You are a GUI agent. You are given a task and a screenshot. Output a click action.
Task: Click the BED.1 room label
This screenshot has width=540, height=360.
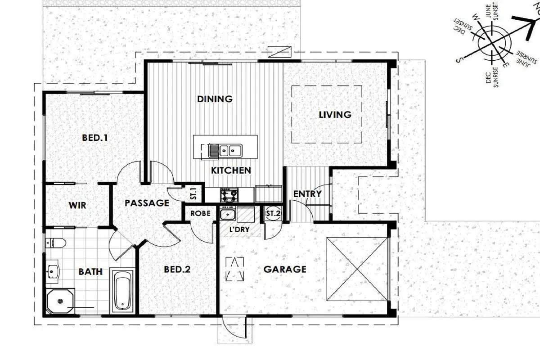pos(95,138)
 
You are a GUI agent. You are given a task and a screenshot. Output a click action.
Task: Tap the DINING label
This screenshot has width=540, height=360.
pos(215,99)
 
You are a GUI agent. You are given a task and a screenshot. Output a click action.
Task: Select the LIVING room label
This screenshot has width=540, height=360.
pos(335,115)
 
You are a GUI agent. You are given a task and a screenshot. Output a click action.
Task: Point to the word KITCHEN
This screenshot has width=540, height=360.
pos(231,171)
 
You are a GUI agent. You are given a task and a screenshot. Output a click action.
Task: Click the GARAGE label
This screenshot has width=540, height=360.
pos(285,269)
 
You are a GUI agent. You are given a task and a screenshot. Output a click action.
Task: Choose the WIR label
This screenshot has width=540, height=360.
pos(77,206)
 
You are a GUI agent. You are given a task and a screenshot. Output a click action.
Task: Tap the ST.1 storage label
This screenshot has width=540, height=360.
pos(193,193)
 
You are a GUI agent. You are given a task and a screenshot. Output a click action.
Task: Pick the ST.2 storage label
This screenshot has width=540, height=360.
pos(274,213)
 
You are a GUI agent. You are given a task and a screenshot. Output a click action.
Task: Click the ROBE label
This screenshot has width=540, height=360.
pos(200,213)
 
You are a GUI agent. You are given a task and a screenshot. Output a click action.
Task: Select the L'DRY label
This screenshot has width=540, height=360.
pos(239,229)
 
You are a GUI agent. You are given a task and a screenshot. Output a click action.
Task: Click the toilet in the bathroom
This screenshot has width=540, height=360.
pos(56,243)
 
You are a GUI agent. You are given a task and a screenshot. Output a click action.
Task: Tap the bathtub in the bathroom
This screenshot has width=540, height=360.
pos(122,291)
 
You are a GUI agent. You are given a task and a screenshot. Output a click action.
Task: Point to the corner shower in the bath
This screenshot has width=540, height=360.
pos(60,301)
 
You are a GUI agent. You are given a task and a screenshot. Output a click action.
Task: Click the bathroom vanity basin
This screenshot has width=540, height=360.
pos(52,272)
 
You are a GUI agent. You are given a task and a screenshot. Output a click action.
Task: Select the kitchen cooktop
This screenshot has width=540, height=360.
pos(229,195)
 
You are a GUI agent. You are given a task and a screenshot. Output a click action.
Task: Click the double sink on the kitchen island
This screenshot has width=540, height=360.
pos(225,151)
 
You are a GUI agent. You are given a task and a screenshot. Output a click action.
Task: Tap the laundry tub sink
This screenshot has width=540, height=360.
pos(228,214)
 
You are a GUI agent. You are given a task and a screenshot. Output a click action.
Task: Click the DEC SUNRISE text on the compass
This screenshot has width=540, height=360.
pos(492,77)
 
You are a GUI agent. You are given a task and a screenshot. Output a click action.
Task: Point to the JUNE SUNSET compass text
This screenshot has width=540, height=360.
pos(491,12)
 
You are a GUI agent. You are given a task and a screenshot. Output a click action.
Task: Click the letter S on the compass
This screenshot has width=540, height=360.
pos(459,59)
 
